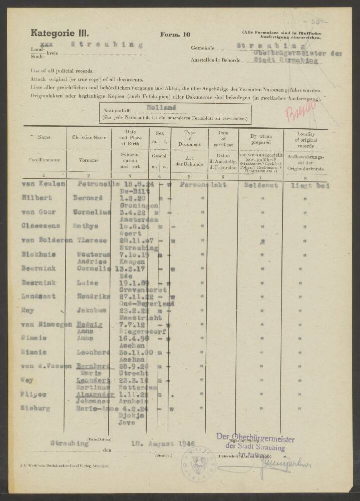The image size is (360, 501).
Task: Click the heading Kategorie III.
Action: point(60,34)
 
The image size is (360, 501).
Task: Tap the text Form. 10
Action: point(175,35)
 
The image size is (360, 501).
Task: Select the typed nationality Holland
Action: point(161,107)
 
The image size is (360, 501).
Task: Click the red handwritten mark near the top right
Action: point(301,111)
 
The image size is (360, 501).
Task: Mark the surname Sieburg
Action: point(35,408)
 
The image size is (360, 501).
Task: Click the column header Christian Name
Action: point(89,137)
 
